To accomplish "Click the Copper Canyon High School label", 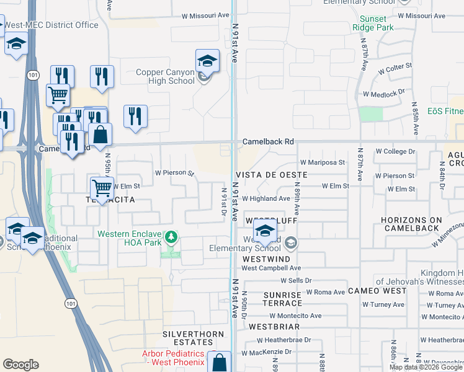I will (x=165, y=77).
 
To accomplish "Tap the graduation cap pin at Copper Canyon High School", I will (x=207, y=61).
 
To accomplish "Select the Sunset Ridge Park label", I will (x=373, y=23).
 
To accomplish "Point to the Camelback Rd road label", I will (x=268, y=141).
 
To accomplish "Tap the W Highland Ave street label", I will (x=266, y=198).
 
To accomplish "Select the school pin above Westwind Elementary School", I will (x=265, y=232).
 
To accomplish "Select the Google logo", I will (x=20, y=365).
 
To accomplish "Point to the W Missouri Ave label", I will (x=205, y=15).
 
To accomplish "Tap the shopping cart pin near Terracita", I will (x=102, y=187).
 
